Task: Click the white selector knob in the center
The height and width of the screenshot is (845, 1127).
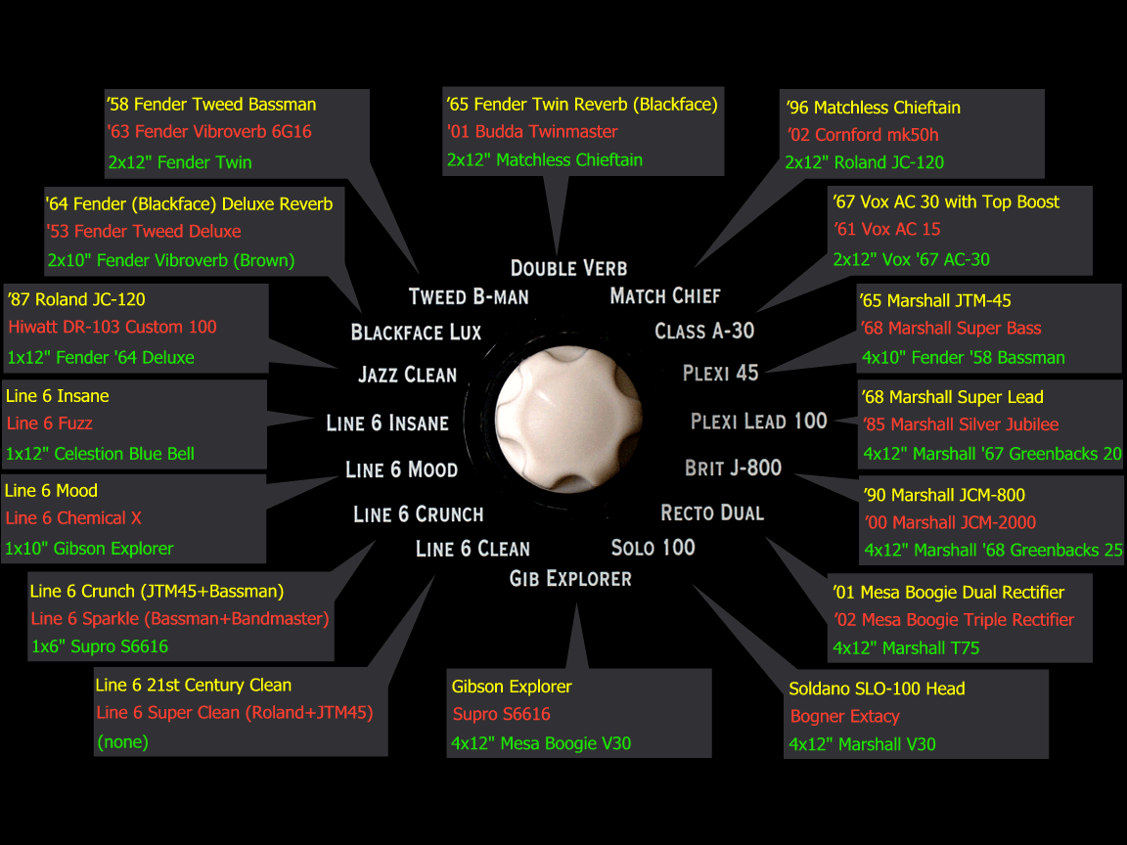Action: [x=568, y=419]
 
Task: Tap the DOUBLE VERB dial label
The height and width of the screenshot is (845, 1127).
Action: [x=568, y=269]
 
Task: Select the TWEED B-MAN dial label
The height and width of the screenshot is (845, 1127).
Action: [x=469, y=296]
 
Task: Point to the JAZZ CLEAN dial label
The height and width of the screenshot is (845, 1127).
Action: [x=408, y=375]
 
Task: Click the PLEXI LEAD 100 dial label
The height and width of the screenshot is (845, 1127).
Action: [x=759, y=422]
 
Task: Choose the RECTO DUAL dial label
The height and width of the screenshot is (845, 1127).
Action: [x=712, y=513]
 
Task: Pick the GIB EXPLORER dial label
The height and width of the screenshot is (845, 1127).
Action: [x=570, y=578]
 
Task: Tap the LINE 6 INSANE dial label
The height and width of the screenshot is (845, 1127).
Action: [x=387, y=423]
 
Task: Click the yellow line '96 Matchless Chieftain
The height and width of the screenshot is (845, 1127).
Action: [x=874, y=108]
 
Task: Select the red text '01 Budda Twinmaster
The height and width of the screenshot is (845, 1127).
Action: [x=532, y=131]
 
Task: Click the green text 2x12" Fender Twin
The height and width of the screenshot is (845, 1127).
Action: [x=180, y=162]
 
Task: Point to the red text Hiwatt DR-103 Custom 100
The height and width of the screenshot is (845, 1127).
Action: [x=113, y=327]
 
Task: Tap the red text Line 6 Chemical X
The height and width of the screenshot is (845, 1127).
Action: [x=73, y=518]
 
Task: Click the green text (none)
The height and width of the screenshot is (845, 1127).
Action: [x=122, y=741]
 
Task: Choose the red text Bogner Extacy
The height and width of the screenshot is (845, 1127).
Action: [x=844, y=716]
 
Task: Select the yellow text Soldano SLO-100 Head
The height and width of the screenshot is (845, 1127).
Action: [x=877, y=689]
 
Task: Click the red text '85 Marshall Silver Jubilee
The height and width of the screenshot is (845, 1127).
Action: [x=961, y=424]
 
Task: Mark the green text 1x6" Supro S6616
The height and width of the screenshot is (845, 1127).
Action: [x=99, y=646]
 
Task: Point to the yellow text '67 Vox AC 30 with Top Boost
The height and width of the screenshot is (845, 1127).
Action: [x=946, y=201]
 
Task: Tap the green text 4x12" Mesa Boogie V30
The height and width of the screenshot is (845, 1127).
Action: [x=540, y=743]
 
